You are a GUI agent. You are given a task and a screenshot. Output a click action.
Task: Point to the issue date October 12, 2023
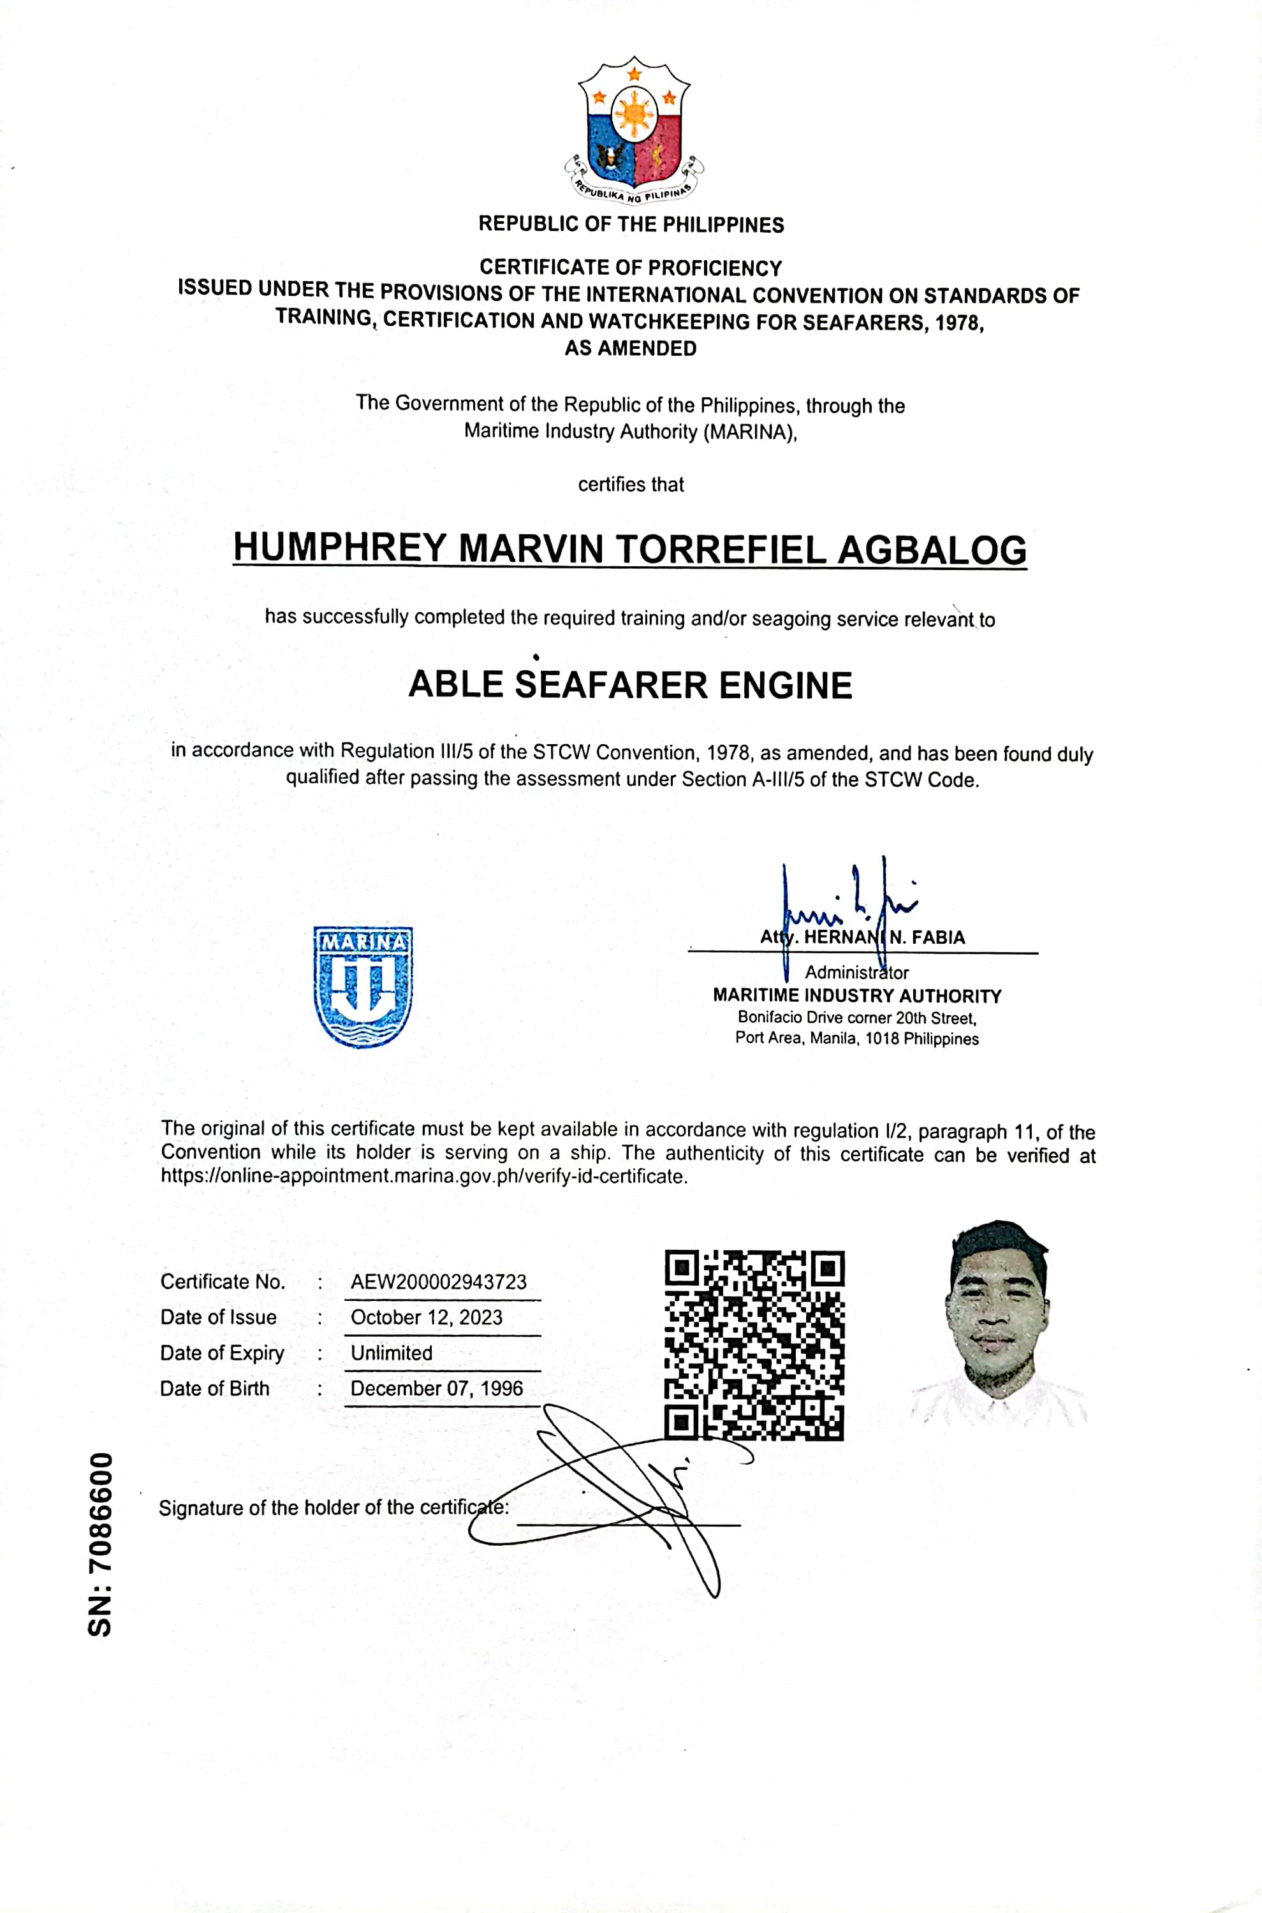coord(427,1317)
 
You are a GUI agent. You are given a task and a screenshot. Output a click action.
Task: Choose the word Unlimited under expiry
coord(392,1353)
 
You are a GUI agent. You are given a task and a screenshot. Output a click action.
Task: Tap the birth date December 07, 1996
coord(436,1388)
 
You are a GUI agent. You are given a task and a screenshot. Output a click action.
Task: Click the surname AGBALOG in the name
coord(932,550)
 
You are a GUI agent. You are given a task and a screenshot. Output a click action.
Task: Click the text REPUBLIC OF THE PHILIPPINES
coord(631,224)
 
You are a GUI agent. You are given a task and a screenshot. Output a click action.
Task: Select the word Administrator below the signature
coord(856,972)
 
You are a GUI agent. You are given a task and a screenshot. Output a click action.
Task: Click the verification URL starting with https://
coord(424,1176)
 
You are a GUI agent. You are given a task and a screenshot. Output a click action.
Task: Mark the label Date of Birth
coord(215,1388)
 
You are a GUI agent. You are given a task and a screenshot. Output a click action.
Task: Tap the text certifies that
coord(631,485)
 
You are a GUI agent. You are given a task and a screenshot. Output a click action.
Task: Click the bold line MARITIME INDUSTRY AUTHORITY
coord(857,995)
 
